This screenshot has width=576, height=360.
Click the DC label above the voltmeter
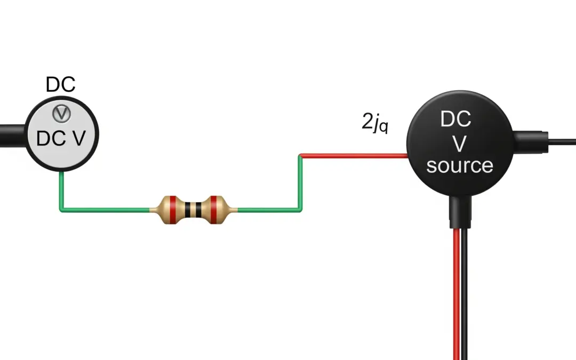61,84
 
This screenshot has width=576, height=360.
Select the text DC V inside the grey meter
61,139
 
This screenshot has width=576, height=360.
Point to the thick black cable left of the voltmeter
12,132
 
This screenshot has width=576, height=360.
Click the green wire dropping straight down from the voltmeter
61,189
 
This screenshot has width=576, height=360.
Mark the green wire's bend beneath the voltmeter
61,210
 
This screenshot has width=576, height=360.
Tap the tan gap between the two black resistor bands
194,210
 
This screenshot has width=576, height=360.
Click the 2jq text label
374,124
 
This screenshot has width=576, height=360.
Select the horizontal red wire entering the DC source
355,156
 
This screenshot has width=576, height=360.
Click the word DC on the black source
456,119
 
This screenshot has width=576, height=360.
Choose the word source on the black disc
459,165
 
